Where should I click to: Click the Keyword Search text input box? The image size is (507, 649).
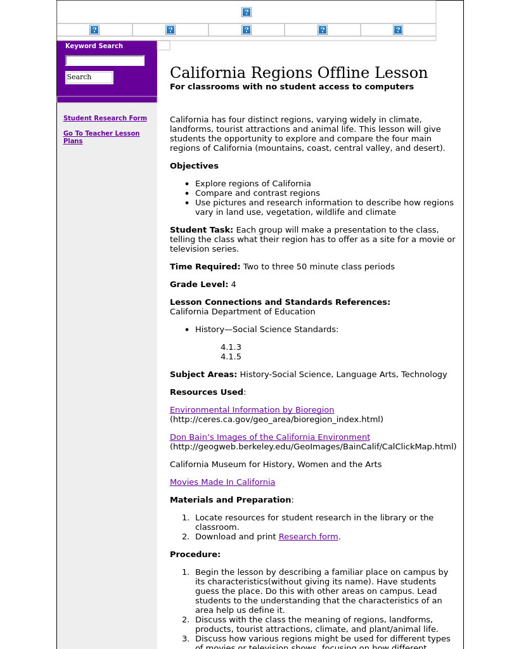pyautogui.click(x=105, y=61)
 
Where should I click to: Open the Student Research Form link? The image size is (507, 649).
pyautogui.click(x=105, y=118)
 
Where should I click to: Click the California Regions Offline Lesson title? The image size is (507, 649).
pyautogui.click(x=298, y=73)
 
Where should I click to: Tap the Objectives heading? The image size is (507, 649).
pyautogui.click(x=194, y=166)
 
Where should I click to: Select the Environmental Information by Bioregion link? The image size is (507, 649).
pyautogui.click(x=252, y=410)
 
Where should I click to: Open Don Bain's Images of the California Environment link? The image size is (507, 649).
pyautogui.click(x=269, y=437)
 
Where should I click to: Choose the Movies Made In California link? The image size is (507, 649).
pyautogui.click(x=222, y=482)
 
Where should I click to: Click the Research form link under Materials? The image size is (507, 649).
pyautogui.click(x=308, y=537)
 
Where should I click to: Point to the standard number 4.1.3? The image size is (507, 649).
pyautogui.click(x=231, y=347)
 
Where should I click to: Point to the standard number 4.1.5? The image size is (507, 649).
pyautogui.click(x=231, y=357)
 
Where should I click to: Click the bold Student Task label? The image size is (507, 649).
pyautogui.click(x=201, y=230)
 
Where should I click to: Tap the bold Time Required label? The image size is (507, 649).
pyautogui.click(x=205, y=267)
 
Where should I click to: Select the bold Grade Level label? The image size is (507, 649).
pyautogui.click(x=198, y=285)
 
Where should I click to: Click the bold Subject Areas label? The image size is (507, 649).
pyautogui.click(x=203, y=375)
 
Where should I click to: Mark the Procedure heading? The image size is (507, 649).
pyautogui.click(x=195, y=555)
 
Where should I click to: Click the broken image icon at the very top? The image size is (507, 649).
pyautogui.click(x=247, y=12)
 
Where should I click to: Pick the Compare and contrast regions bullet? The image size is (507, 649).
pyautogui.click(x=257, y=193)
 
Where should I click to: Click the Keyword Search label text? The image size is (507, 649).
pyautogui.click(x=94, y=46)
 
